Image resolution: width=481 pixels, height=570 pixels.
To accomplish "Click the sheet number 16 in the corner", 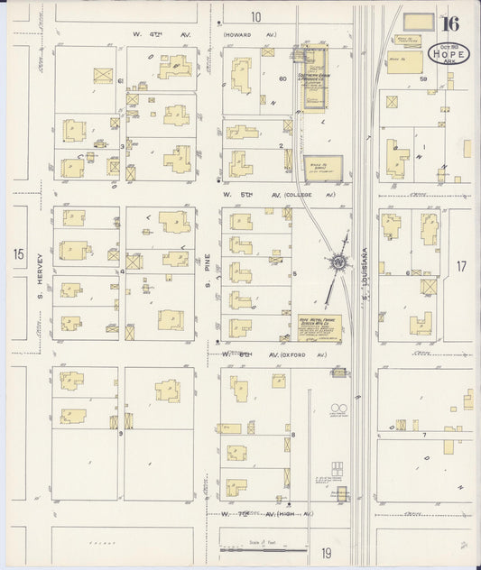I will (450, 24).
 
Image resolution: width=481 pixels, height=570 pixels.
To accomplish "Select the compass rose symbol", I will (339, 262).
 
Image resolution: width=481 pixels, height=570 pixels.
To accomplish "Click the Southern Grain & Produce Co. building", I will (314, 65).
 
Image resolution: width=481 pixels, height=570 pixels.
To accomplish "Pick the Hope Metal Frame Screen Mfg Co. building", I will (319, 327).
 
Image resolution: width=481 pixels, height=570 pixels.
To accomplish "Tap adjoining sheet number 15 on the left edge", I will (20, 255).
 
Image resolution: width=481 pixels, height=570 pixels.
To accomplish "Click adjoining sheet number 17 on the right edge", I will (461, 266).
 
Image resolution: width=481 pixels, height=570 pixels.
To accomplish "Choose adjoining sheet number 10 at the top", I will (255, 16).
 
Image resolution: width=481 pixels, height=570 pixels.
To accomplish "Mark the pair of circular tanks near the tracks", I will (339, 409).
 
